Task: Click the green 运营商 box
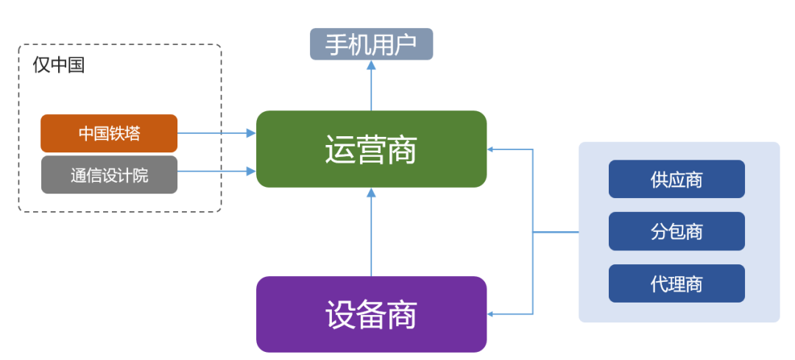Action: coord(371,149)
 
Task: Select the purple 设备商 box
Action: coord(371,314)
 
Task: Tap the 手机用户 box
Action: coord(371,44)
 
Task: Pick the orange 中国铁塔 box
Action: coord(109,133)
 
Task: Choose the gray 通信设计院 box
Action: coord(109,174)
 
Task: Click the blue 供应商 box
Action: coord(676,179)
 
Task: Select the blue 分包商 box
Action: coord(676,231)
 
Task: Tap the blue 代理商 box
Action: coord(676,283)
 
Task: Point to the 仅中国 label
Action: coord(59,66)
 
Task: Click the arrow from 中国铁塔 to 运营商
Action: coord(216,133)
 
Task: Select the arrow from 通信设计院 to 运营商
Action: coord(216,172)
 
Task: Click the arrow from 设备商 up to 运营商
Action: coord(371,232)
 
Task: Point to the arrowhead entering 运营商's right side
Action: coord(492,149)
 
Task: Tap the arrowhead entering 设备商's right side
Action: coord(492,314)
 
